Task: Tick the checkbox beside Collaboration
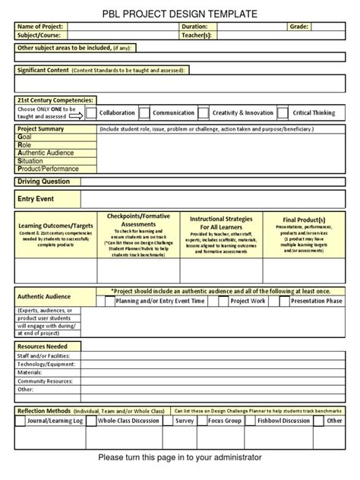pyautogui.click(x=91, y=113)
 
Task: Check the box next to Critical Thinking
pyautogui.click(x=283, y=113)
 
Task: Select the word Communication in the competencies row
pyautogui.click(x=173, y=113)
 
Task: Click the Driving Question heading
pyautogui.click(x=44, y=182)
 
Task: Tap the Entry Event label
pyautogui.click(x=35, y=199)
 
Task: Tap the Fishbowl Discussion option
pyautogui.click(x=283, y=420)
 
